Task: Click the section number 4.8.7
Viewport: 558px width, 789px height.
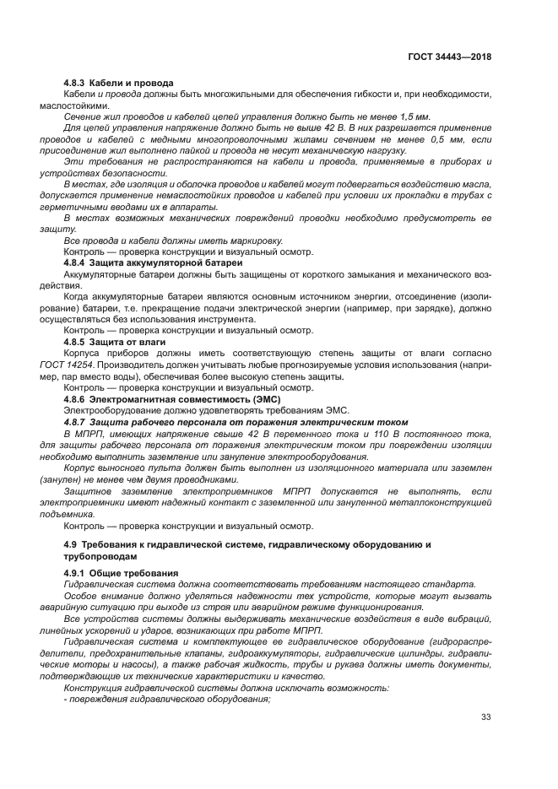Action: pyautogui.click(x=77, y=421)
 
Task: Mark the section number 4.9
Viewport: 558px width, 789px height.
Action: pyautogui.click(x=71, y=545)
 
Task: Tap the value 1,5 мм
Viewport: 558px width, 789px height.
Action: pyautogui.click(x=414, y=116)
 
